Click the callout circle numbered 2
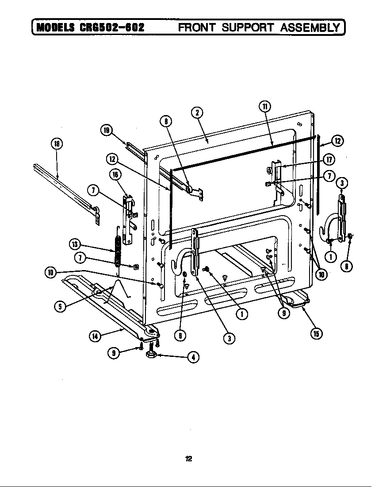[x=197, y=112]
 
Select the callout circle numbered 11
[x=264, y=107]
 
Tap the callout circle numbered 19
[x=106, y=130]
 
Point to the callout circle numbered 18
[x=56, y=144]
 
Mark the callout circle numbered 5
[x=60, y=306]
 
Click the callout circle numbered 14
[x=95, y=336]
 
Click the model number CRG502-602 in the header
[x=112, y=28]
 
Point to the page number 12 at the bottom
[x=188, y=459]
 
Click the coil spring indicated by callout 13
[x=118, y=251]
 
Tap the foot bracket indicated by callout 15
[x=295, y=301]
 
